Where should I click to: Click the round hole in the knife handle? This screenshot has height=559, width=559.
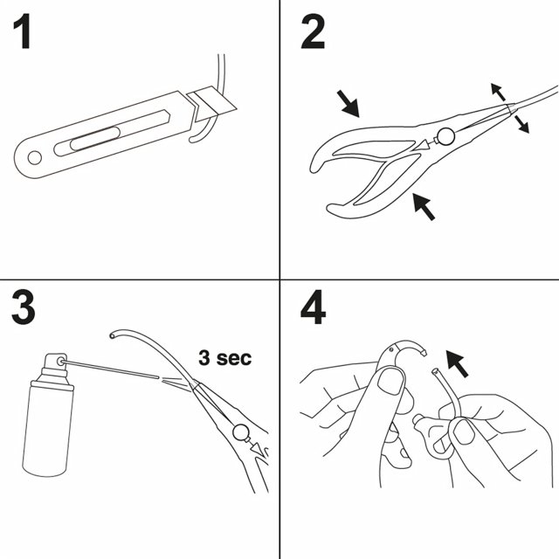[35, 157]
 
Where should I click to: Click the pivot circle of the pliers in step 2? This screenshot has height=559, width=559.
[445, 135]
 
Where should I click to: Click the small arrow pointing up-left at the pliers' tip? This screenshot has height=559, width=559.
[495, 89]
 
